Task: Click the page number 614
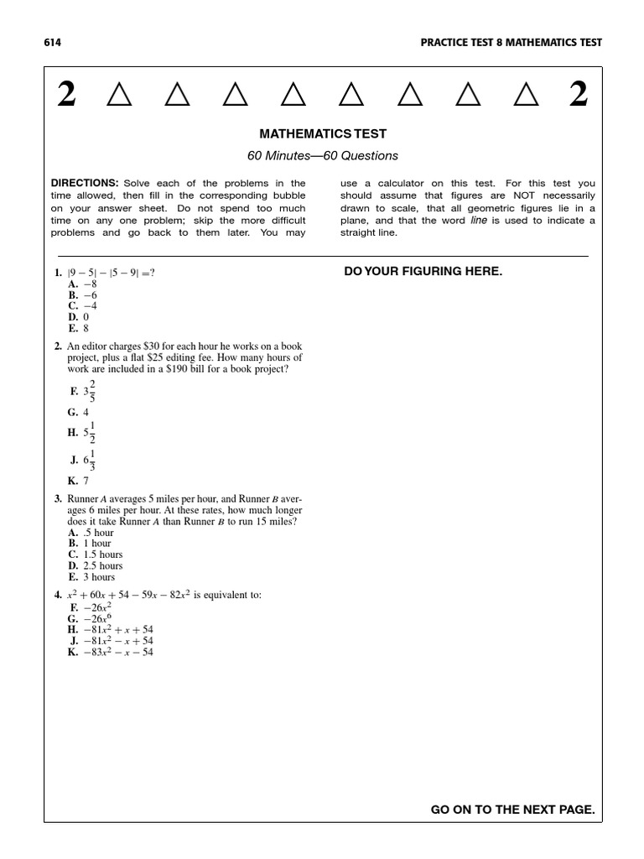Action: click(53, 43)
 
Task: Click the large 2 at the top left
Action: click(67, 96)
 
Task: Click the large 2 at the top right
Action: click(578, 96)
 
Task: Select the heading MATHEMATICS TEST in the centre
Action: click(323, 134)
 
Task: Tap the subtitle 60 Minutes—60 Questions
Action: click(323, 156)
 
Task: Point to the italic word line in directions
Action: click(479, 220)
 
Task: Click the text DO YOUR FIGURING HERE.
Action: click(423, 271)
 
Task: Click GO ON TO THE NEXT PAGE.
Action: click(512, 810)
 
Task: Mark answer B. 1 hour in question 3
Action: click(90, 543)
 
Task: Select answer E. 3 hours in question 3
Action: click(92, 577)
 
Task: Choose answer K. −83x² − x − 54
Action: click(112, 652)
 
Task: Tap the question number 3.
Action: click(58, 498)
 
